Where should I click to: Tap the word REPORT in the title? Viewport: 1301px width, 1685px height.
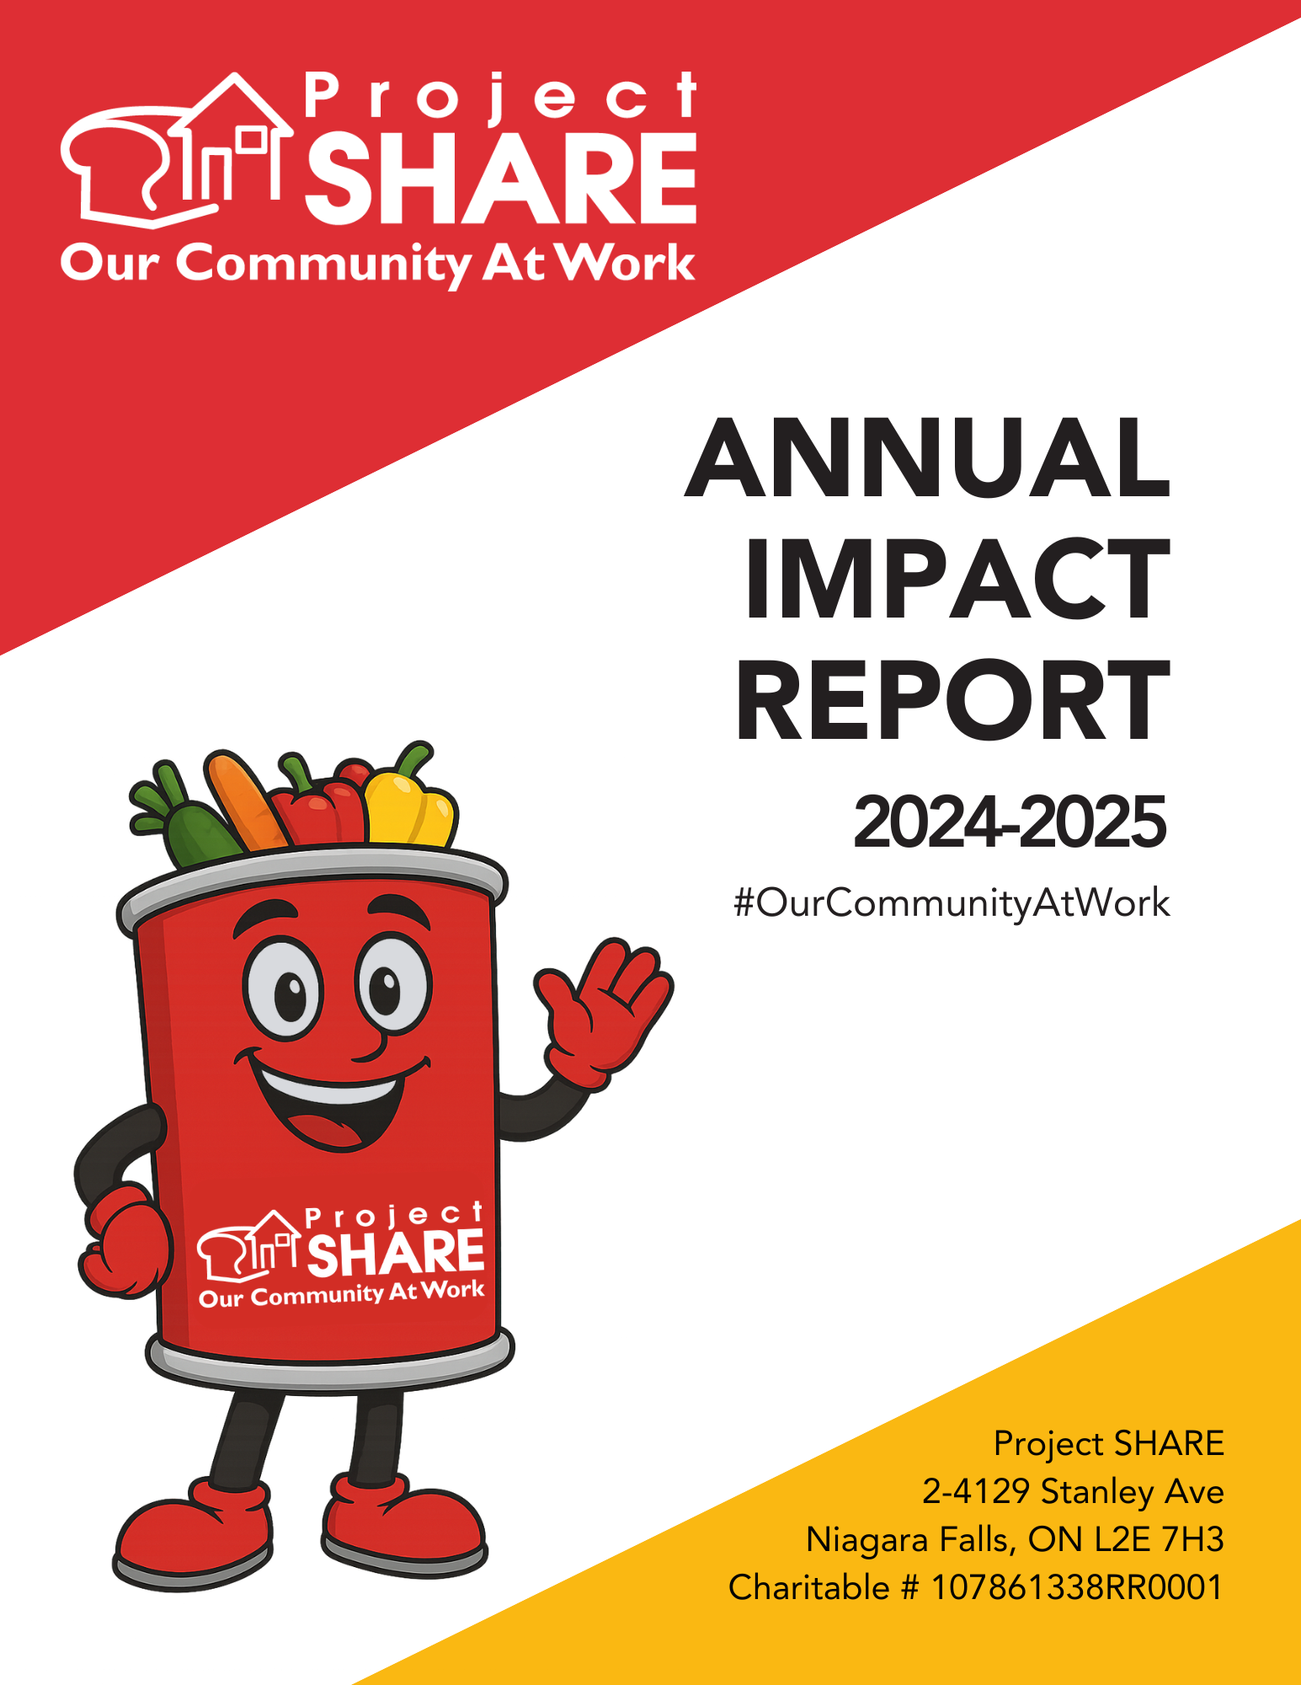tap(953, 701)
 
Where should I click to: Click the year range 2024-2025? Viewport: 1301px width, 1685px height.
tap(1010, 821)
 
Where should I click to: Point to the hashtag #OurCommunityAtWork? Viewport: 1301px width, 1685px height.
tap(952, 904)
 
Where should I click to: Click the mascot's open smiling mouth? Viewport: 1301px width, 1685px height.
tap(333, 1099)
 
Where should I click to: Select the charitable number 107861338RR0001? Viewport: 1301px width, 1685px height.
tap(1077, 1587)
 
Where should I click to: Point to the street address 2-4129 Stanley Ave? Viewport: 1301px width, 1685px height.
tap(1073, 1492)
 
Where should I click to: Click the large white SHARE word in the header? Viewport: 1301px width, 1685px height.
tap(501, 178)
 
